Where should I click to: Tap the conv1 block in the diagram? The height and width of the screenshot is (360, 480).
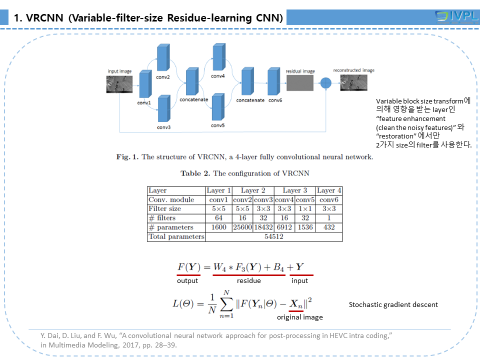click(x=144, y=83)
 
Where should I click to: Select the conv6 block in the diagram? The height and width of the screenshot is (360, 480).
click(x=272, y=81)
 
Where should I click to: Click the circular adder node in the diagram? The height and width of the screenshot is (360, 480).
click(x=326, y=82)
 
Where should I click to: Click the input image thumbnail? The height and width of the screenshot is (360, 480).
click(x=119, y=83)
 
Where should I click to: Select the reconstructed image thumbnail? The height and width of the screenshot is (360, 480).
click(x=353, y=82)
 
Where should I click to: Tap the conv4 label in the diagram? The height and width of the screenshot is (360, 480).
click(x=217, y=76)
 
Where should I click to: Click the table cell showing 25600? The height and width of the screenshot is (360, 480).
click(x=243, y=227)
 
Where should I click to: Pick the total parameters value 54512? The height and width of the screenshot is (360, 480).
click(x=273, y=237)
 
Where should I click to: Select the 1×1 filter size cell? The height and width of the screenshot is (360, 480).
click(x=306, y=209)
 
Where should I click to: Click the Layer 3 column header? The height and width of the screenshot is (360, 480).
click(x=294, y=190)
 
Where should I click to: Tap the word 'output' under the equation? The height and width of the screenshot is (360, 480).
click(x=187, y=281)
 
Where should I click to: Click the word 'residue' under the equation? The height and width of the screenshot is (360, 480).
click(x=248, y=281)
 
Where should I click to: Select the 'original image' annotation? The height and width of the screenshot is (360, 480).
click(x=300, y=317)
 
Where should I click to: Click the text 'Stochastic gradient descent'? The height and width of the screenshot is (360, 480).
click(x=393, y=304)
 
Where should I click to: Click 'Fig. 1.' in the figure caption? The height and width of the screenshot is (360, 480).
click(x=127, y=157)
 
